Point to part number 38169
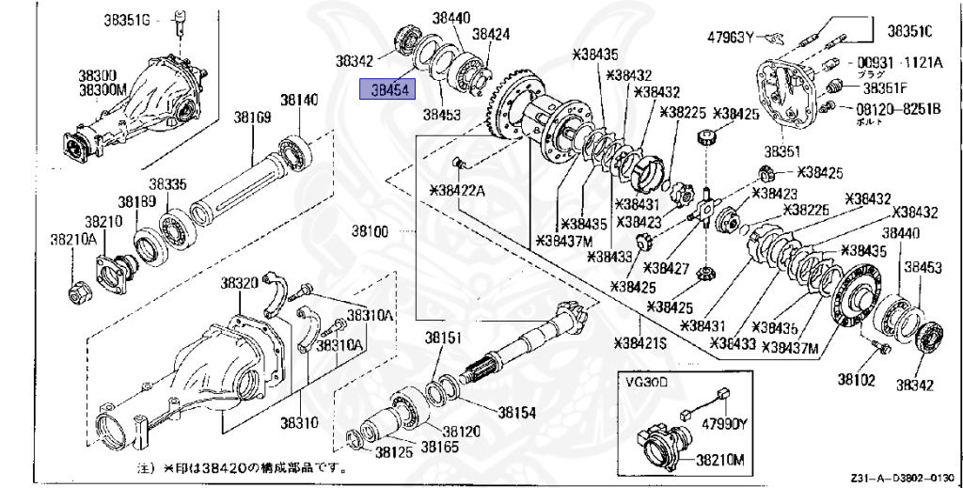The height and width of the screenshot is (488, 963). tap(253, 118)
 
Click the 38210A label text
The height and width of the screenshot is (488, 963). tap(73, 239)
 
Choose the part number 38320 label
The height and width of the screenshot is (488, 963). tap(240, 282)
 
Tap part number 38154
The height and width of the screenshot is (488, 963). tap(516, 412)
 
